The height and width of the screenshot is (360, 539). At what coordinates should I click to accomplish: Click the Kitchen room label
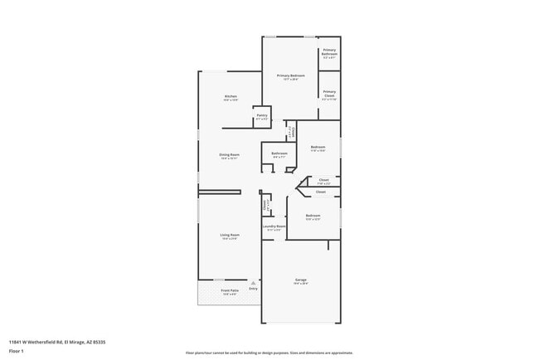pyautogui.click(x=231, y=97)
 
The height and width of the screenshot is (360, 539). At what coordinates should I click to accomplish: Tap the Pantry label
pyautogui.click(x=262, y=117)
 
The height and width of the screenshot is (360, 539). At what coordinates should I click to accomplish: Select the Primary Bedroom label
pyautogui.click(x=291, y=76)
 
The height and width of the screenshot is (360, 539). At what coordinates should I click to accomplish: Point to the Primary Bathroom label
pyautogui.click(x=329, y=53)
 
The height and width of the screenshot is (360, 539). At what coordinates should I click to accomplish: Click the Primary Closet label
pyautogui.click(x=329, y=93)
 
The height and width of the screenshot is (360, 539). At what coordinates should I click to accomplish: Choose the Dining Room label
pyautogui.click(x=230, y=156)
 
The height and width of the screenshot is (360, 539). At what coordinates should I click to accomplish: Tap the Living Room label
pyautogui.click(x=230, y=236)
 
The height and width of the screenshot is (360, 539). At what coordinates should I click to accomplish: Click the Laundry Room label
pyautogui.click(x=274, y=227)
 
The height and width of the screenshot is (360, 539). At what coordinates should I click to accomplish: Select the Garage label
pyautogui.click(x=300, y=281)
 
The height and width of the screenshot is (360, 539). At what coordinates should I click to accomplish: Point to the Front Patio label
pyautogui.click(x=230, y=291)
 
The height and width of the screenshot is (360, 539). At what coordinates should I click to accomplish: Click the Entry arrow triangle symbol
pyautogui.click(x=254, y=283)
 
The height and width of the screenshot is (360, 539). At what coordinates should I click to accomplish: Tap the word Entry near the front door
pyautogui.click(x=254, y=289)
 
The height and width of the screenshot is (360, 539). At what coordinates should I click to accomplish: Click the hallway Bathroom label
pyautogui.click(x=279, y=153)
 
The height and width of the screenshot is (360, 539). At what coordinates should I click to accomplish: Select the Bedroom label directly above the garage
pyautogui.click(x=313, y=217)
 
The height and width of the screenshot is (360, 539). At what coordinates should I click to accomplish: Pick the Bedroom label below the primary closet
pyautogui.click(x=318, y=148)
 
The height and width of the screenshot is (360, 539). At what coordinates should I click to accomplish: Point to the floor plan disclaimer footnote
pyautogui.click(x=269, y=352)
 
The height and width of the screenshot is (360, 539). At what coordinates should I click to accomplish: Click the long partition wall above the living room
pyautogui.click(x=220, y=192)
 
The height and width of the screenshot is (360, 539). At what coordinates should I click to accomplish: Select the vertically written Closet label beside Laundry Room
pyautogui.click(x=265, y=204)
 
